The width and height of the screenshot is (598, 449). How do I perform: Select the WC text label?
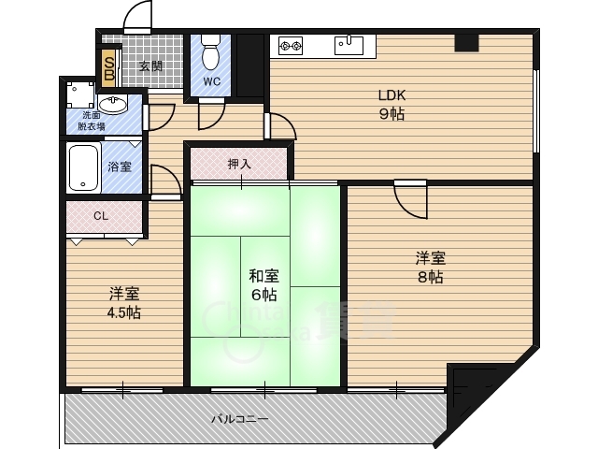click(x=212, y=81)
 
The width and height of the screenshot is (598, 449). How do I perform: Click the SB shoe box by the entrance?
click(x=109, y=65)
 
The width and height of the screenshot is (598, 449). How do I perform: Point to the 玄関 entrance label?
click(x=151, y=66)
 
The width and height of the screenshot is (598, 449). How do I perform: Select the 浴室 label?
click(x=119, y=167)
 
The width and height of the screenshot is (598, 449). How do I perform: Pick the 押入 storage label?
click(x=239, y=165)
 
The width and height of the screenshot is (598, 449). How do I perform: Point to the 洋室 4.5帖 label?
click(x=123, y=302)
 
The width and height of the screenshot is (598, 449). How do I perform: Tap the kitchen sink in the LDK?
click(x=351, y=43)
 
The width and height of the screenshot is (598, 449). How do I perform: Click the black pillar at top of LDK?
click(x=466, y=42)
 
